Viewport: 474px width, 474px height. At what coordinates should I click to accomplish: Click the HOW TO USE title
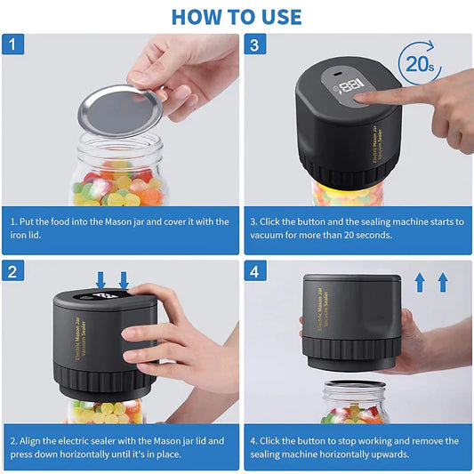[237, 16]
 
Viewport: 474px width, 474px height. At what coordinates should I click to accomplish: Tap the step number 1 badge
[13, 44]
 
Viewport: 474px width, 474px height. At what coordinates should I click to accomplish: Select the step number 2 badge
[13, 270]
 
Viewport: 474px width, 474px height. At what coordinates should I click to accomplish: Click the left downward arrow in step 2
[101, 278]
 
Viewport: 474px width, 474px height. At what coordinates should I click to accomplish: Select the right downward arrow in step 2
[124, 278]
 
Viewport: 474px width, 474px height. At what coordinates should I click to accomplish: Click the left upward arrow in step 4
[421, 283]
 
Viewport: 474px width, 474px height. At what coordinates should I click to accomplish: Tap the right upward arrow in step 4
[442, 283]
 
